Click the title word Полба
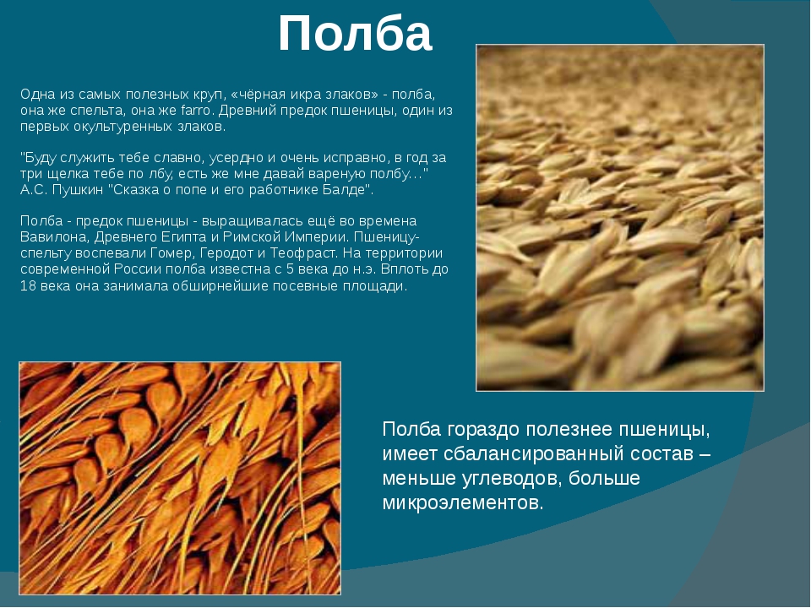point(355,34)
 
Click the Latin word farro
point(195,111)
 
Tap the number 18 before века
point(28,286)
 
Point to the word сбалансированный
point(534,454)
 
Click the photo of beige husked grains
point(619,218)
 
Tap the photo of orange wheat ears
point(180,478)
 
